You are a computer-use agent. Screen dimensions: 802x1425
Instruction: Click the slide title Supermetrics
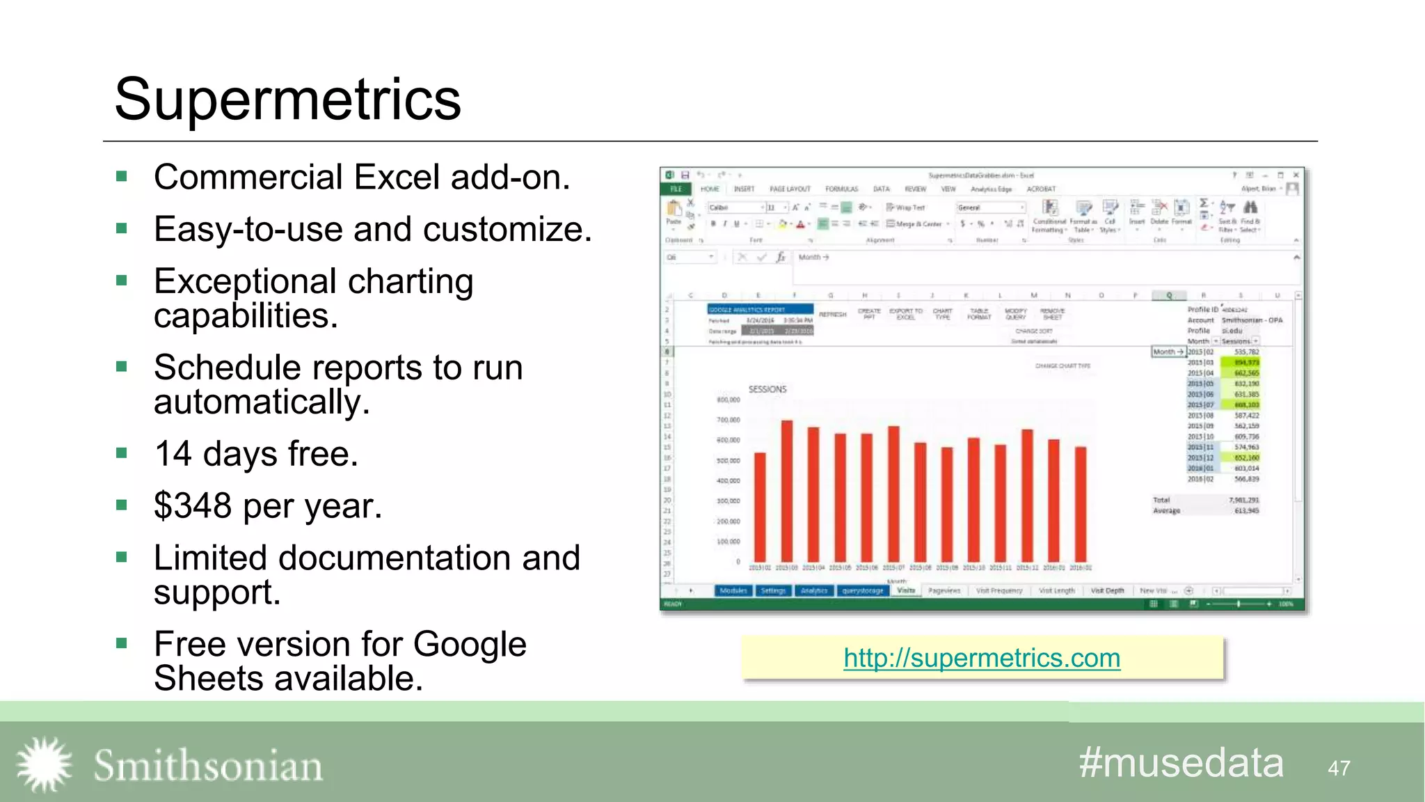click(287, 100)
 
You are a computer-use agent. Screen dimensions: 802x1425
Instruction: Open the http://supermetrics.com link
click(981, 658)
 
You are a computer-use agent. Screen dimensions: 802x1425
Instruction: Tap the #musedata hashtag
click(1181, 763)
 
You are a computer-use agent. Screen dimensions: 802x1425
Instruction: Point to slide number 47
click(1339, 768)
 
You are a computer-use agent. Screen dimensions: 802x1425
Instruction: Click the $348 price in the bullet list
click(193, 505)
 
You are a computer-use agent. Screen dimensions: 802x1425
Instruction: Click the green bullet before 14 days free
click(122, 453)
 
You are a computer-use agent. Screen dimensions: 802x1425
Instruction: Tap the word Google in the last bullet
click(470, 644)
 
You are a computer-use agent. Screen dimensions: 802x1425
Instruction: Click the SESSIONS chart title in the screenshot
click(767, 389)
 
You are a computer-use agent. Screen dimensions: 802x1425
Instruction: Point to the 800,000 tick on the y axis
click(728, 400)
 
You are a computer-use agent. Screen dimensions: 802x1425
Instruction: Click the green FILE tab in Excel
click(676, 189)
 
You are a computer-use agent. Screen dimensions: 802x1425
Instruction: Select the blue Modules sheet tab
click(733, 590)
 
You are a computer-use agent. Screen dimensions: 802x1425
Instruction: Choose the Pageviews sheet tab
click(944, 590)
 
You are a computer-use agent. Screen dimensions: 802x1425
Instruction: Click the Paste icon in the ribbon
click(674, 212)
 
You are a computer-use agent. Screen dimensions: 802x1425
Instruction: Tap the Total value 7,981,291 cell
click(1243, 500)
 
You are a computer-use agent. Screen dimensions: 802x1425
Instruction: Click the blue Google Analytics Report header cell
click(759, 309)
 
